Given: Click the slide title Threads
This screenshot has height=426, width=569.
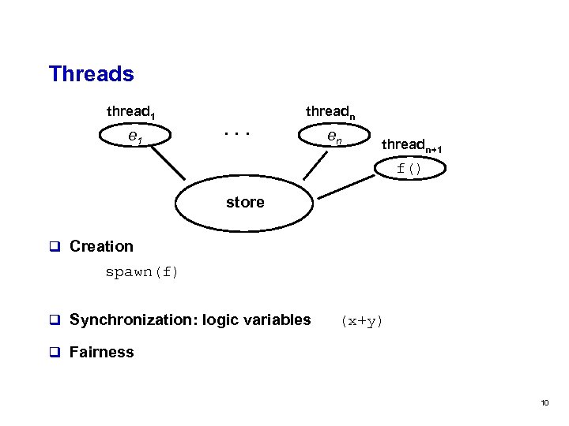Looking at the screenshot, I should point(91,74).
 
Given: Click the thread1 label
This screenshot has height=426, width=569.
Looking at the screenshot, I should point(130,113).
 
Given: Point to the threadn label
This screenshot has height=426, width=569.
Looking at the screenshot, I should point(330,113).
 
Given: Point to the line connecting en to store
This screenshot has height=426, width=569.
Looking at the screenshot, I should point(311,168).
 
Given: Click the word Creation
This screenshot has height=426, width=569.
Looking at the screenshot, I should point(101,246).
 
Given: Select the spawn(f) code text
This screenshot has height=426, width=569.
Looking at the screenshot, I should point(142,272).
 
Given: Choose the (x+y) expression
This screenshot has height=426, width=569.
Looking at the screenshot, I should point(361,320).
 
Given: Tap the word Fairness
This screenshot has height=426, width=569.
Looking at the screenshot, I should point(101,352).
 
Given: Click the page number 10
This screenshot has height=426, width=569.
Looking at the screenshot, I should point(545,403).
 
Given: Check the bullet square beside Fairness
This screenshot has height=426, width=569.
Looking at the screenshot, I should point(55,352).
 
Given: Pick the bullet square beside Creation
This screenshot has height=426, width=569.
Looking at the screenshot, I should point(55,246).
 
